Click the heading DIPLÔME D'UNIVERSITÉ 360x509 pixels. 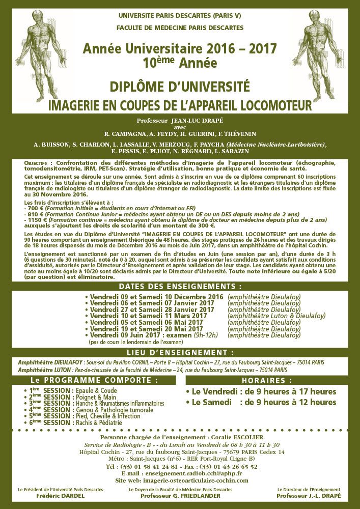[180, 85]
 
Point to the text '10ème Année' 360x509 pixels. [180, 63]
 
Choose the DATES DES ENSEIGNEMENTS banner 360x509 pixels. [180, 286]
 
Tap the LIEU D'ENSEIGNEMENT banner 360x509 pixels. [180, 352]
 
